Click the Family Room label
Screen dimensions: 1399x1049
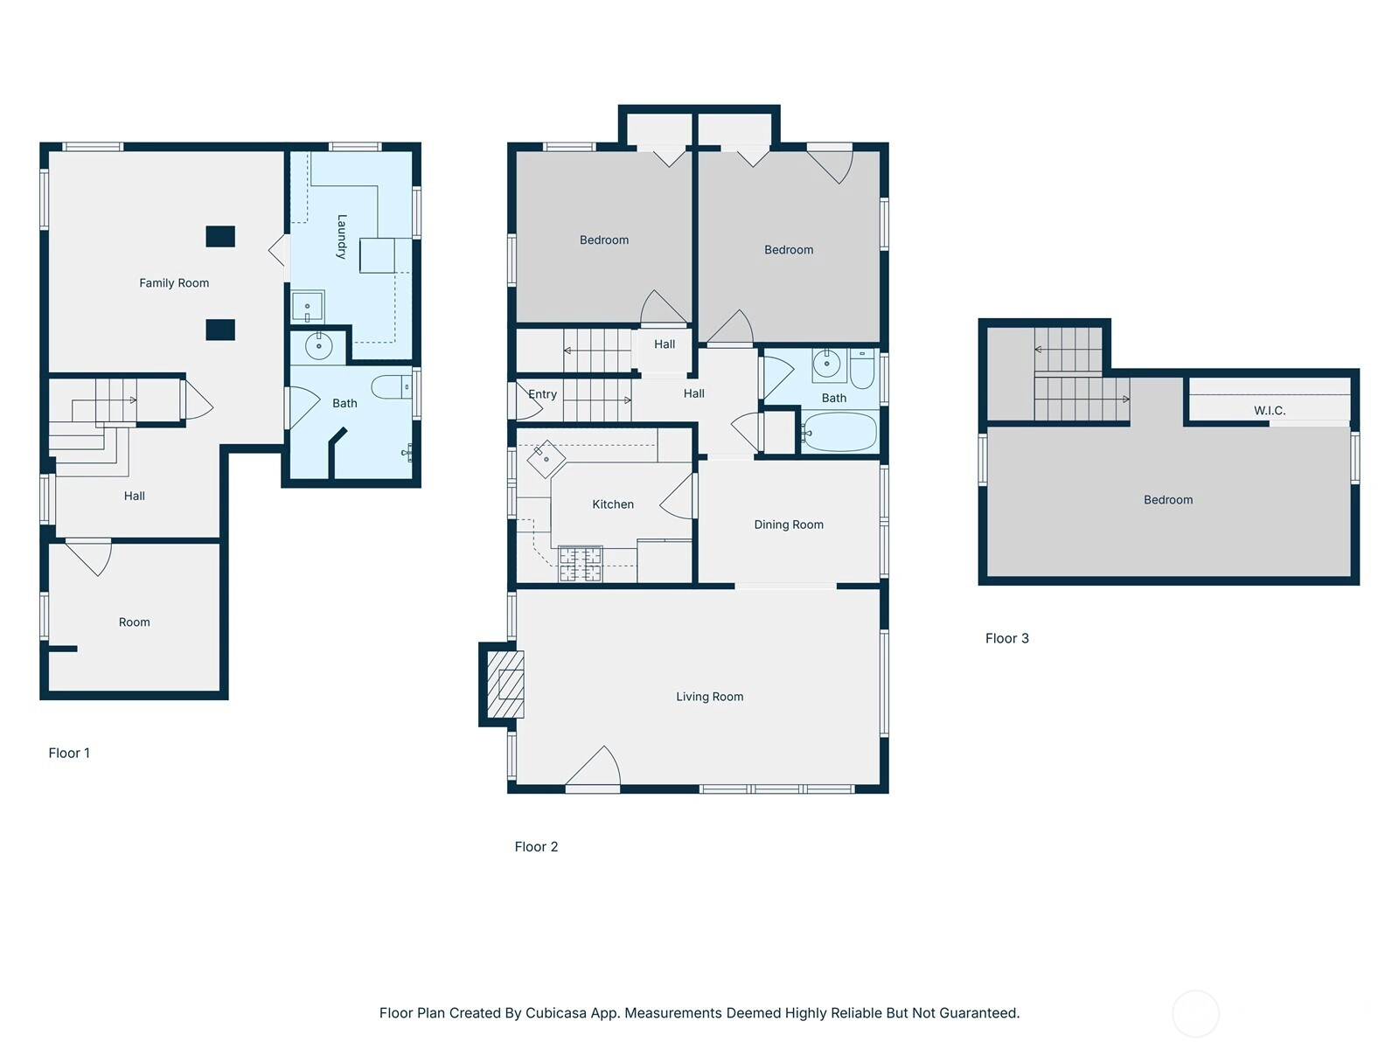point(174,282)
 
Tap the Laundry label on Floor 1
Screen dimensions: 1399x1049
point(342,236)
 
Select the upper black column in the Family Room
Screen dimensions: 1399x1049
point(220,236)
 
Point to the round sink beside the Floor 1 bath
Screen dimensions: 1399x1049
point(318,346)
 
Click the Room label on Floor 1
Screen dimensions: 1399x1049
point(135,622)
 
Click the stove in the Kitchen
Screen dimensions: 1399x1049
point(580,565)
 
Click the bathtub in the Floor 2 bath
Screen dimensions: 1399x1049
point(839,432)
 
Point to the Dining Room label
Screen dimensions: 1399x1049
point(789,524)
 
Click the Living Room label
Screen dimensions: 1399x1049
point(710,697)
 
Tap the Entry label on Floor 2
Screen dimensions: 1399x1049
point(542,394)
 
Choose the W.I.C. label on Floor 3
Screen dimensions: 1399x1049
point(1270,411)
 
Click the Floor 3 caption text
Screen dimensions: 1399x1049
point(1007,638)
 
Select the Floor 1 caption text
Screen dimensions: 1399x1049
point(69,753)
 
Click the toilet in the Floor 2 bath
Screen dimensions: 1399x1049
point(862,369)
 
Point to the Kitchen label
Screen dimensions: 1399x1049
point(613,504)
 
